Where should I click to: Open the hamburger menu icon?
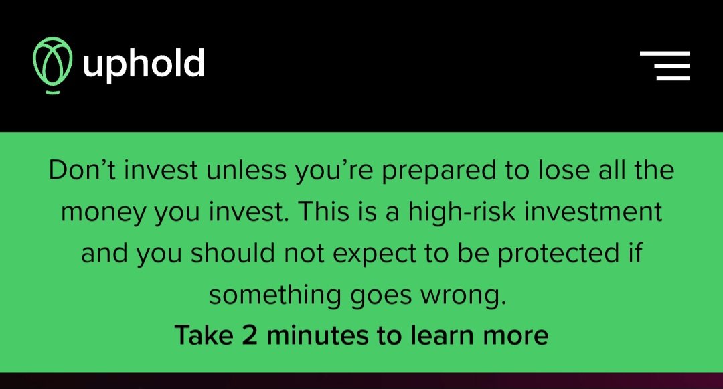click(665, 66)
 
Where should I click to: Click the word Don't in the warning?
click(84, 169)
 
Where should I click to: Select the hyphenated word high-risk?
click(461, 213)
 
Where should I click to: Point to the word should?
click(233, 252)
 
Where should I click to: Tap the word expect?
click(374, 254)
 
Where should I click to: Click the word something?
click(275, 296)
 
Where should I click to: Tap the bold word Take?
click(204, 335)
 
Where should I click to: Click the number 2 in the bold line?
click(250, 335)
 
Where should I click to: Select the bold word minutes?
click(318, 335)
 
